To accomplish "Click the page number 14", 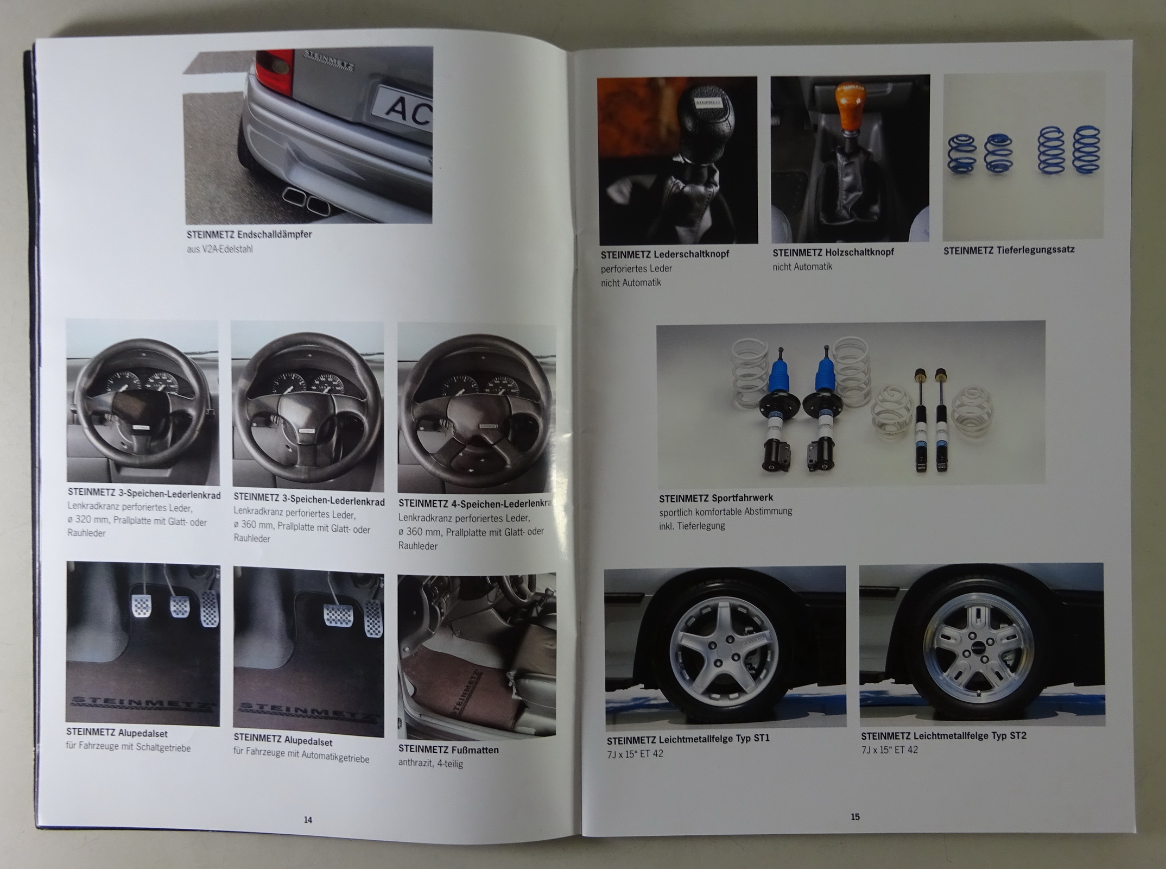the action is (308, 820).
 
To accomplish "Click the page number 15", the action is (855, 816).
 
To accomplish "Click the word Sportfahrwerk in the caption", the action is (742, 498).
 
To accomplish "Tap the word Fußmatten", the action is (474, 750).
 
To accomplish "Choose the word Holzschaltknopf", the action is (859, 252).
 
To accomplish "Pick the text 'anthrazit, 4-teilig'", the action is (430, 763).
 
